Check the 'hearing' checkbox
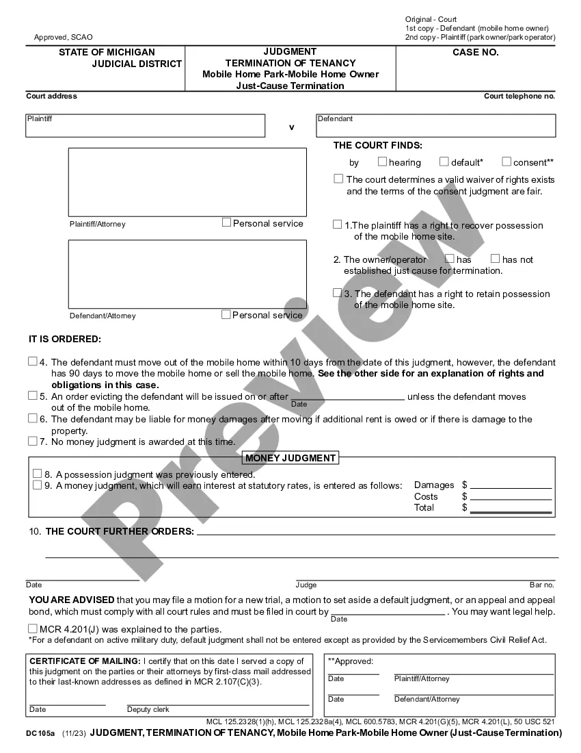[x=382, y=162]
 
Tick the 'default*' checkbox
[x=444, y=162]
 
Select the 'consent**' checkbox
[x=506, y=162]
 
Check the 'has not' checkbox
[x=496, y=259]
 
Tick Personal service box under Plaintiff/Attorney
[x=226, y=222]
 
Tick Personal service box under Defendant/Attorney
[x=226, y=314]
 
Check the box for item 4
[x=33, y=361]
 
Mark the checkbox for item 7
[x=33, y=442]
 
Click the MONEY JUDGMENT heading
[x=290, y=458]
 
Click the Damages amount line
[x=511, y=484]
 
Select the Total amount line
[x=511, y=507]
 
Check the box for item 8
[x=38, y=474]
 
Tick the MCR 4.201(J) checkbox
[x=33, y=628]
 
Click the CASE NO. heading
[x=476, y=52]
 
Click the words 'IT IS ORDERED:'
[x=64, y=339]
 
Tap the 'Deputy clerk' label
[x=148, y=710]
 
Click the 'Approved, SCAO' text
[x=63, y=37]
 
